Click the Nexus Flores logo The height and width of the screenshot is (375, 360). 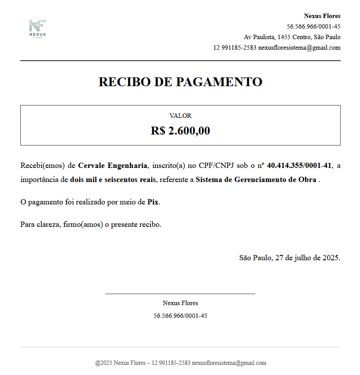(37, 29)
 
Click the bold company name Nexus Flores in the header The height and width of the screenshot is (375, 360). (322, 16)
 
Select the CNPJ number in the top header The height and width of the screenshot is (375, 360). (313, 26)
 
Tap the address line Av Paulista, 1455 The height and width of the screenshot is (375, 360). (292, 37)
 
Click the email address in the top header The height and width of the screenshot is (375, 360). (299, 47)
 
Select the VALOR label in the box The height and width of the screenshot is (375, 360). (180, 116)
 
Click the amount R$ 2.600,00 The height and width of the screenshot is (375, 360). (180, 131)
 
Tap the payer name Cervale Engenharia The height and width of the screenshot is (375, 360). (113, 166)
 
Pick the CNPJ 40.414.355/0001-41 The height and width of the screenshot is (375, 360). (299, 166)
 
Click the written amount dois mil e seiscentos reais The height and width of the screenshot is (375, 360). (113, 179)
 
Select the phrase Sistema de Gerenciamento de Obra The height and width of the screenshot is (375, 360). (256, 179)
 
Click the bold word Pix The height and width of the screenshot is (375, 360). (153, 202)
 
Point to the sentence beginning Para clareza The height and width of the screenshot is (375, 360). (91, 225)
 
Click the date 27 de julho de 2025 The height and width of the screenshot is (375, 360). (307, 258)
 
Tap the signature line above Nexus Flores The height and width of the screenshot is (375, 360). (180, 294)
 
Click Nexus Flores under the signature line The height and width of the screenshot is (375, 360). (180, 303)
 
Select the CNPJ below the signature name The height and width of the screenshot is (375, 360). (180, 316)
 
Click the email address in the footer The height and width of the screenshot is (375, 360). (229, 363)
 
